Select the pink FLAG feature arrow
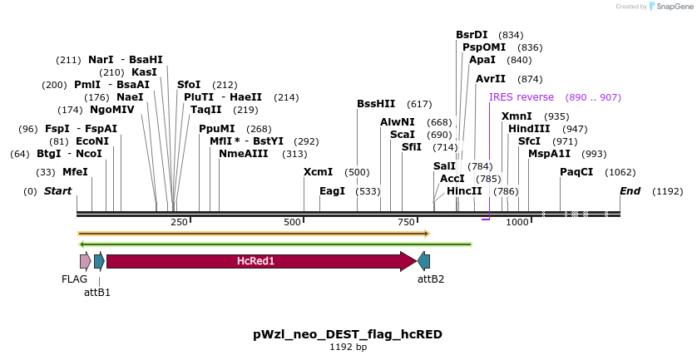[x=85, y=261]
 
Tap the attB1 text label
[x=97, y=292]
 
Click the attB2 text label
[x=431, y=279]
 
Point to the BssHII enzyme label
[x=376, y=104]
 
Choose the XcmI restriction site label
[x=318, y=172]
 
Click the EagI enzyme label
[x=332, y=190]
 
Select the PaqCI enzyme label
[x=576, y=172]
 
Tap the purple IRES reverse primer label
[x=522, y=97]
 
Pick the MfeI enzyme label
[x=75, y=172]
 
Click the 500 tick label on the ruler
[x=292, y=222]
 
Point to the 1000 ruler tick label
[x=517, y=222]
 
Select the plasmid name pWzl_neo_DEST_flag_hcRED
[x=348, y=334]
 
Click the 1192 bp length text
[x=348, y=348]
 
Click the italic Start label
[x=57, y=191]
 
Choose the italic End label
[x=630, y=191]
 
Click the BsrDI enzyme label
[x=472, y=35]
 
